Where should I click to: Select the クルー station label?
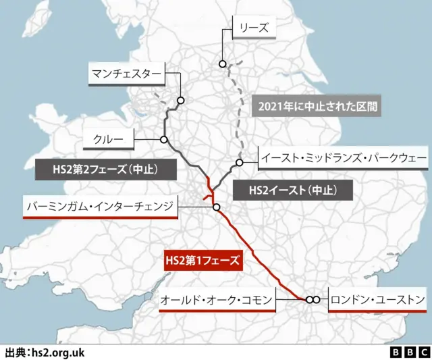pos(108,139)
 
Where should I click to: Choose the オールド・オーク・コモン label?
pos(217,299)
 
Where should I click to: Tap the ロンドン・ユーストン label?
pos(378,299)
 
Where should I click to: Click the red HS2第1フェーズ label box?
pos(203,259)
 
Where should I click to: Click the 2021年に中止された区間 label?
pos(313,106)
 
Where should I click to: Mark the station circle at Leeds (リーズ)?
pos(222,64)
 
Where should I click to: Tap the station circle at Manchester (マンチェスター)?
pos(181,101)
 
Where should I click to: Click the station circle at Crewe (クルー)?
pos(164,140)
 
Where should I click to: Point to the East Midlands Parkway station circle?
pos(239,162)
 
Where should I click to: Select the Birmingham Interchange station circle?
pos(216,207)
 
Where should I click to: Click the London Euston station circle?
pos(316,299)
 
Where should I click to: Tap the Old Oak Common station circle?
pos(308,299)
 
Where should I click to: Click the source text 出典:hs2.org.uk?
pos(45,352)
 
